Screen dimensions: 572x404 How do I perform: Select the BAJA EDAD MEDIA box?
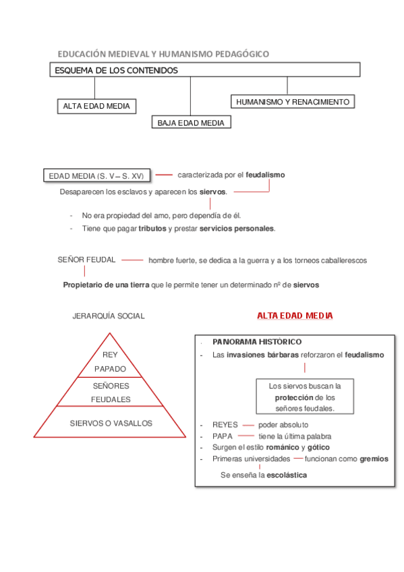(191, 123)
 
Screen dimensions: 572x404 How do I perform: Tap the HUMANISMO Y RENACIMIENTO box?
(292, 102)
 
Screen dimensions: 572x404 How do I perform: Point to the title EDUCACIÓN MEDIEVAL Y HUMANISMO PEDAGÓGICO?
(163, 53)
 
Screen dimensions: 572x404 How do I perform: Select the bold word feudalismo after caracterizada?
(265, 175)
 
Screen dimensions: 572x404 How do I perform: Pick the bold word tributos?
(152, 229)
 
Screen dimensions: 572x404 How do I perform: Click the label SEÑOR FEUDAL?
(87, 260)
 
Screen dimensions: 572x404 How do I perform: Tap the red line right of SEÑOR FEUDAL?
(132, 260)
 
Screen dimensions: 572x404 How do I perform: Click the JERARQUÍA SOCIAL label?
(109, 316)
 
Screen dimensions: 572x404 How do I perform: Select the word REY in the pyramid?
(110, 355)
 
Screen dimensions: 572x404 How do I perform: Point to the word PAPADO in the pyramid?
(110, 369)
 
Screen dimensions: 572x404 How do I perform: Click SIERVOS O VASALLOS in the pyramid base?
(111, 424)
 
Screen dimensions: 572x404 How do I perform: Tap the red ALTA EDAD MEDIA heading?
(295, 316)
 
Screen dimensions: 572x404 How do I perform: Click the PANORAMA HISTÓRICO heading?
(257, 342)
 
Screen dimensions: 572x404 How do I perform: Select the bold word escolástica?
(287, 475)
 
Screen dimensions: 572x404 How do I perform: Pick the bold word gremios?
(374, 459)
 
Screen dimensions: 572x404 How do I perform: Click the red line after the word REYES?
(248, 425)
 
